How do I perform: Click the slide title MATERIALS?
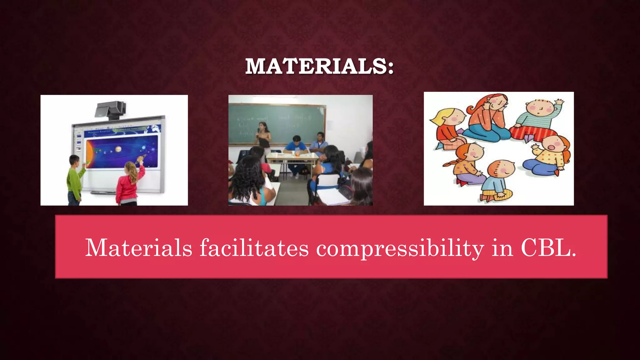click(319, 66)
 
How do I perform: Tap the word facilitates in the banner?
click(254, 248)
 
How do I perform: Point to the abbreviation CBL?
click(548, 248)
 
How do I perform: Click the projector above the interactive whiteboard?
click(110, 110)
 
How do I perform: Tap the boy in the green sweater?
click(75, 180)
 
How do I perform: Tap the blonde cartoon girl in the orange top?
click(447, 128)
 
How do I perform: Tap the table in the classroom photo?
click(292, 159)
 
